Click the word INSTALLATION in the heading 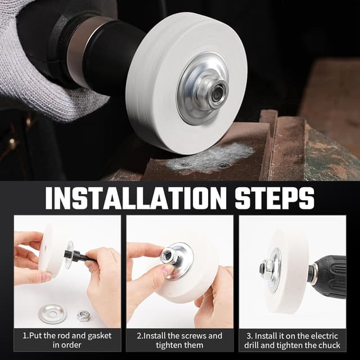point(136,198)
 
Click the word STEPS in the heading point(274,198)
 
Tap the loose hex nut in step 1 point(83,316)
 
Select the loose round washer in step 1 point(53,314)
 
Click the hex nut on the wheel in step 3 point(267,268)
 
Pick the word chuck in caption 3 point(328,345)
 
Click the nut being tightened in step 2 point(168,255)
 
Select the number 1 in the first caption point(25,336)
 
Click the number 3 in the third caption point(249,336)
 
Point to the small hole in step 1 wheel point(46,247)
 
